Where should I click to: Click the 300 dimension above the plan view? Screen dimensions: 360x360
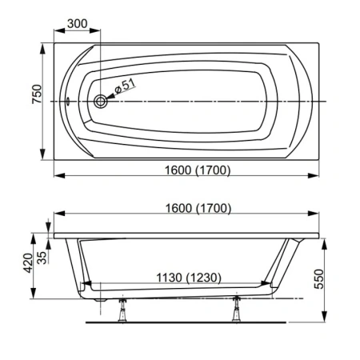pyautogui.click(x=77, y=24)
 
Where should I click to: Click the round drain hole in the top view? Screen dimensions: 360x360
pyautogui.click(x=102, y=102)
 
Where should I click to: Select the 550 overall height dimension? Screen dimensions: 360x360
pyautogui.click(x=320, y=276)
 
